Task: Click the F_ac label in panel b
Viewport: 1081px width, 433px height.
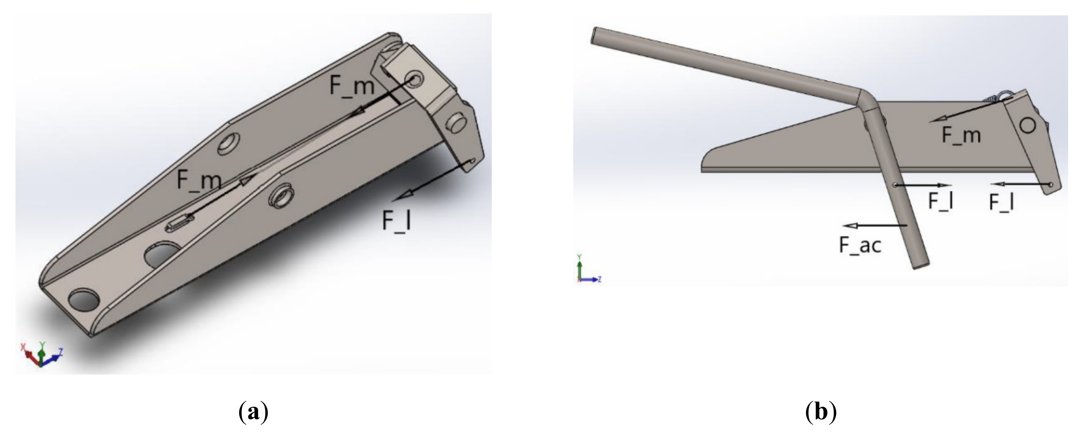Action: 860,245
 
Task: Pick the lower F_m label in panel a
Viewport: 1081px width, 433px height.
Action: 198,180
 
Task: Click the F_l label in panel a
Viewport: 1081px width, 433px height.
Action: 396,221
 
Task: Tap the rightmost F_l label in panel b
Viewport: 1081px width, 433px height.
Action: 1002,203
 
